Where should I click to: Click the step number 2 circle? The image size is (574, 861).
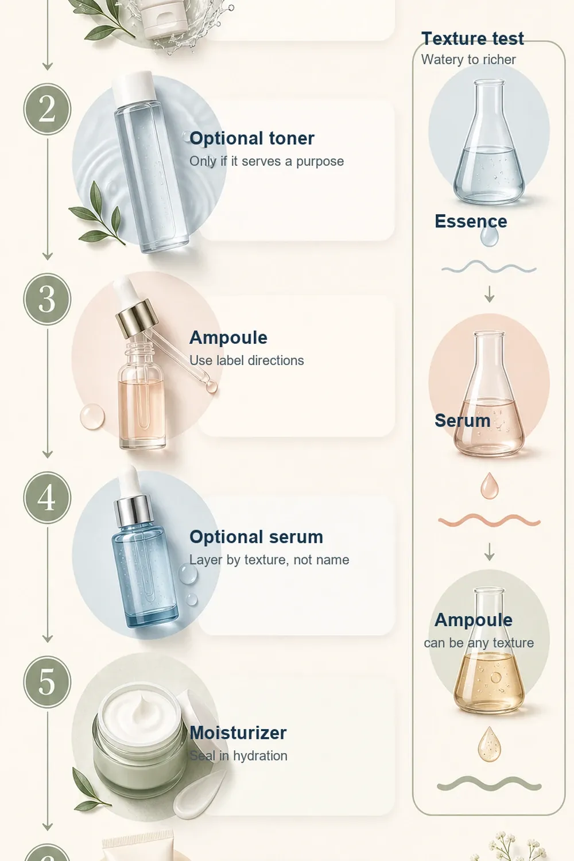coord(47,109)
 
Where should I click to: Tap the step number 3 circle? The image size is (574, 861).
coord(47,299)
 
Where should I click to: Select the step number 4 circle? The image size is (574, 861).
coord(47,498)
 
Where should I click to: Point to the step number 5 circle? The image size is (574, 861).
coord(47,682)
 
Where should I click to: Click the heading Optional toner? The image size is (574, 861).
coord(252,138)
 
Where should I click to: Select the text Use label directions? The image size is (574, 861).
coord(246,360)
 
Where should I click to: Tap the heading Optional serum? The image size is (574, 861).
coord(256,537)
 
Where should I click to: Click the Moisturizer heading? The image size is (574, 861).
coord(238,732)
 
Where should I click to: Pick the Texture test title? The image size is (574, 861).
coord(472,38)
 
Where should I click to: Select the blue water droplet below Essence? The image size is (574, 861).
coord(489,236)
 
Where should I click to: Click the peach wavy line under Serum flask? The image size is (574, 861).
coord(490,521)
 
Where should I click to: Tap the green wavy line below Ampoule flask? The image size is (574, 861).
coord(490,784)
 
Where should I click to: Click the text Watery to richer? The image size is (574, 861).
coord(468,60)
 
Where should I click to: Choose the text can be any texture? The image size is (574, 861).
coord(479,643)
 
